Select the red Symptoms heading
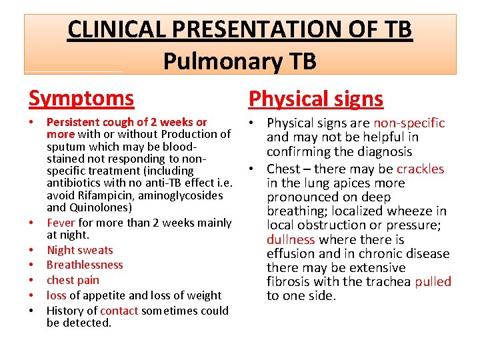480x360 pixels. (x=81, y=98)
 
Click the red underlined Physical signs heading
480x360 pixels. (x=316, y=99)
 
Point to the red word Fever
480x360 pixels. (x=61, y=223)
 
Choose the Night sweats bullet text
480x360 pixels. (x=80, y=250)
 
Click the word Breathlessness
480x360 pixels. (x=85, y=265)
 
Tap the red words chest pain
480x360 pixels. (x=73, y=280)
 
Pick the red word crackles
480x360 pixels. (x=420, y=169)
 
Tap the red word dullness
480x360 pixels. (x=291, y=239)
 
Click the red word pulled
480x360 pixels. (x=433, y=281)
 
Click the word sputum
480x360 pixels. (x=63, y=147)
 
